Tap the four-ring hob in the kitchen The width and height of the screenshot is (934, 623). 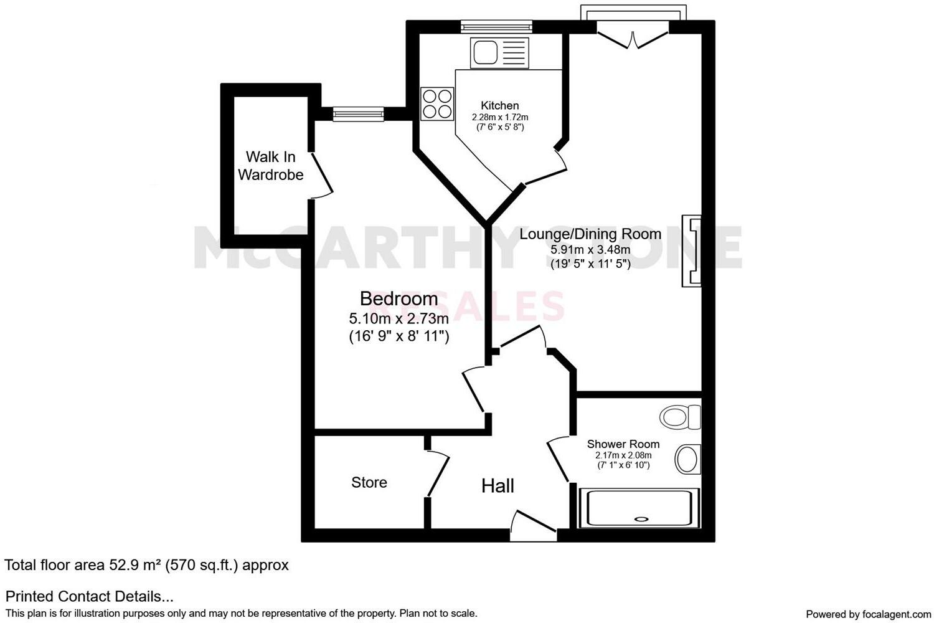pos(436,103)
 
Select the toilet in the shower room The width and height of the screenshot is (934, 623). pos(681,416)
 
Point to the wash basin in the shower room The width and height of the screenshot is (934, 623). pos(687,459)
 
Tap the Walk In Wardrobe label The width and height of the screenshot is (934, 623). pos(270,166)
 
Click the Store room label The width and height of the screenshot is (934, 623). pos(369,482)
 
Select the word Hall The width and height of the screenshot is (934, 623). pos(498,486)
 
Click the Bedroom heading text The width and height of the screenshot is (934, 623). pos(399,299)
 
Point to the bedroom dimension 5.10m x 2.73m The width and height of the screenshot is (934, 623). pos(399,319)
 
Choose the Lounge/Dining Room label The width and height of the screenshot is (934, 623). pos(590,234)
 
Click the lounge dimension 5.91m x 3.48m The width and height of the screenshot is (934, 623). pos(590,250)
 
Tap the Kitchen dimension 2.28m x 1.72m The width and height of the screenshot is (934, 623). pos(499,117)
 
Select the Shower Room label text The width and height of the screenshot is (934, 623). pos(623,444)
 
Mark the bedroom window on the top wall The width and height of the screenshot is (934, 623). pos(358,114)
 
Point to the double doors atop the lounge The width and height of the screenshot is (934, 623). pos(633,36)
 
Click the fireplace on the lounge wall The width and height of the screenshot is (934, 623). pos(691,250)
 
